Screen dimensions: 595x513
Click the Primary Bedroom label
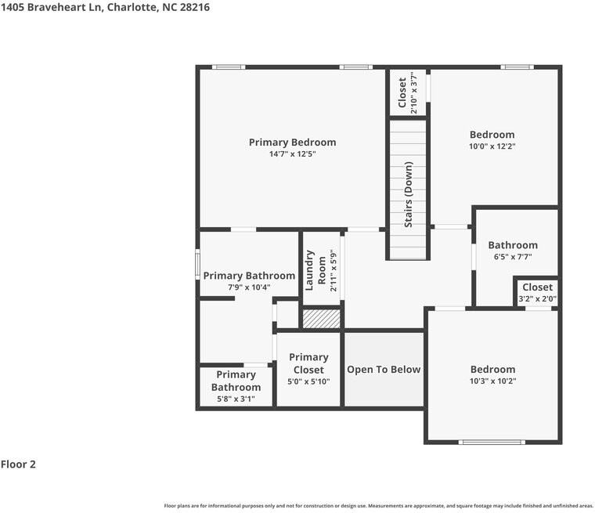point(292,143)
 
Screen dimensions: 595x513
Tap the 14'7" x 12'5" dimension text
point(292,154)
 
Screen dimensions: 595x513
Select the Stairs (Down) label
point(409,194)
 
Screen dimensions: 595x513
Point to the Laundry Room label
point(316,270)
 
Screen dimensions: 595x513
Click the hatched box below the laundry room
point(322,319)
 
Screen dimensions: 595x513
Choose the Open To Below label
point(384,370)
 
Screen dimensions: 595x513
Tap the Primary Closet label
point(308,363)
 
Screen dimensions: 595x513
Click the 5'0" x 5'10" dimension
point(308,381)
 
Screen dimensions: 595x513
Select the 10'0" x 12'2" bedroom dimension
point(492,146)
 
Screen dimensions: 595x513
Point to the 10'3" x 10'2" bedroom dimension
point(493,381)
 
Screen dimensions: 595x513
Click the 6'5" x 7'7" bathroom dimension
point(513,257)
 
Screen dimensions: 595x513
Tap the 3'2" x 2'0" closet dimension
point(537,299)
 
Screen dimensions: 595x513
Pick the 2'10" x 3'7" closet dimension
point(414,92)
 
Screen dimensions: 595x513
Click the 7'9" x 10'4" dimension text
point(249,287)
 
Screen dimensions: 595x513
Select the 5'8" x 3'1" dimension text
point(236,399)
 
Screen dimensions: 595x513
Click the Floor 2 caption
point(18,464)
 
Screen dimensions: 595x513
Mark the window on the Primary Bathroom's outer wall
point(197,264)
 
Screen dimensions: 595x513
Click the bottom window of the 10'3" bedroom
point(492,442)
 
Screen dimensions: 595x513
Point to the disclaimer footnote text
point(378,506)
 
